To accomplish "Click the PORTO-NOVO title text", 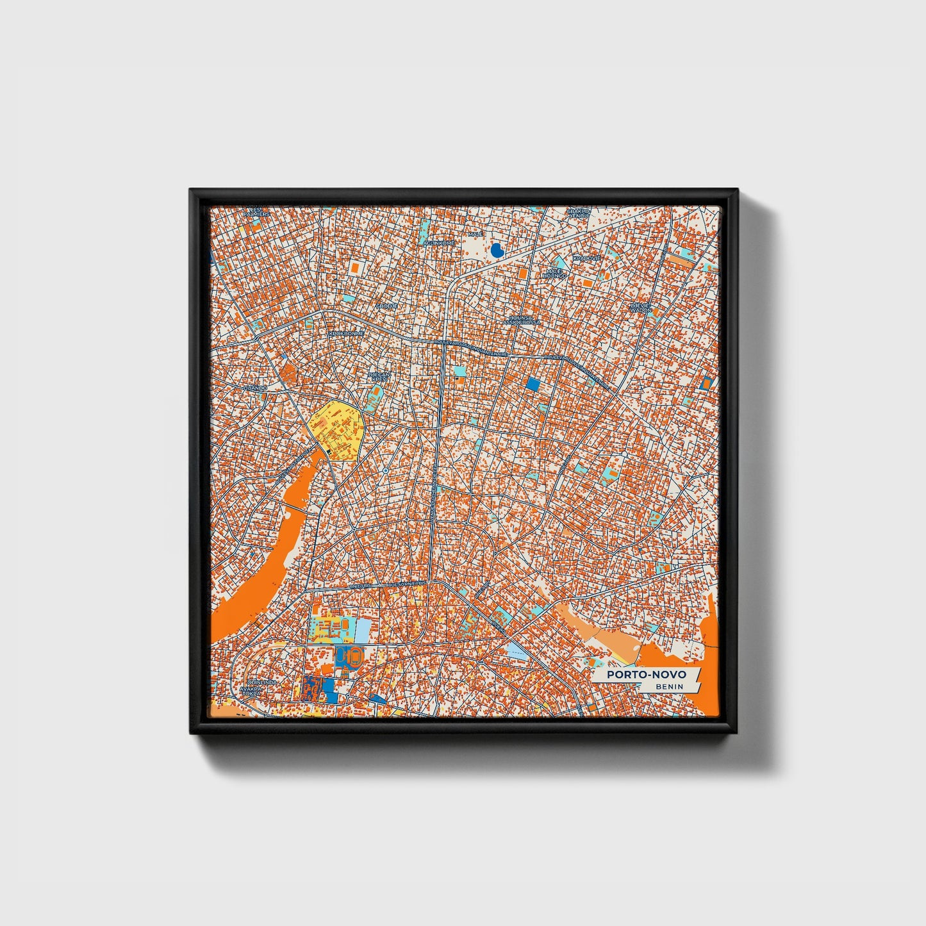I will point(647,675).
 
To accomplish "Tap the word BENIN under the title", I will point(669,687).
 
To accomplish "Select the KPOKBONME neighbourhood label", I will point(347,334).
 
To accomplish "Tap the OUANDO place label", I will point(254,388).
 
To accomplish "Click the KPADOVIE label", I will point(586,258).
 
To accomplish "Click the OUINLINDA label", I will point(262,683).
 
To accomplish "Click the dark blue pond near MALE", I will point(496,250).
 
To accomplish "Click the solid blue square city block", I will point(533,384).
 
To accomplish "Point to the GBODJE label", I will point(386,306).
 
